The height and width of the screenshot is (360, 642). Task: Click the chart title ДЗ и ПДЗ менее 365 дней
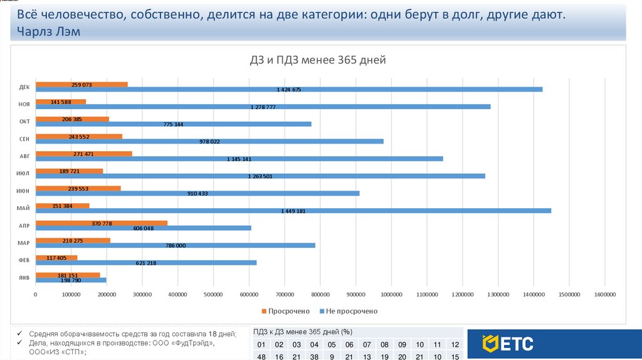317,60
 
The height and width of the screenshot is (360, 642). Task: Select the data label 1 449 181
293,211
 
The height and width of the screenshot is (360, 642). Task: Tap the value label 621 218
146,263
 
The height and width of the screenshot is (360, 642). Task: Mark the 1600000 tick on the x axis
604,294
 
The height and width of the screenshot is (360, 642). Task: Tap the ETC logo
508,344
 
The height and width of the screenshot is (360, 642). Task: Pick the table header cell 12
455,345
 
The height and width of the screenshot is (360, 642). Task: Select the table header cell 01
262,345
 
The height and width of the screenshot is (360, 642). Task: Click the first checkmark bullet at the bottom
20,334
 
